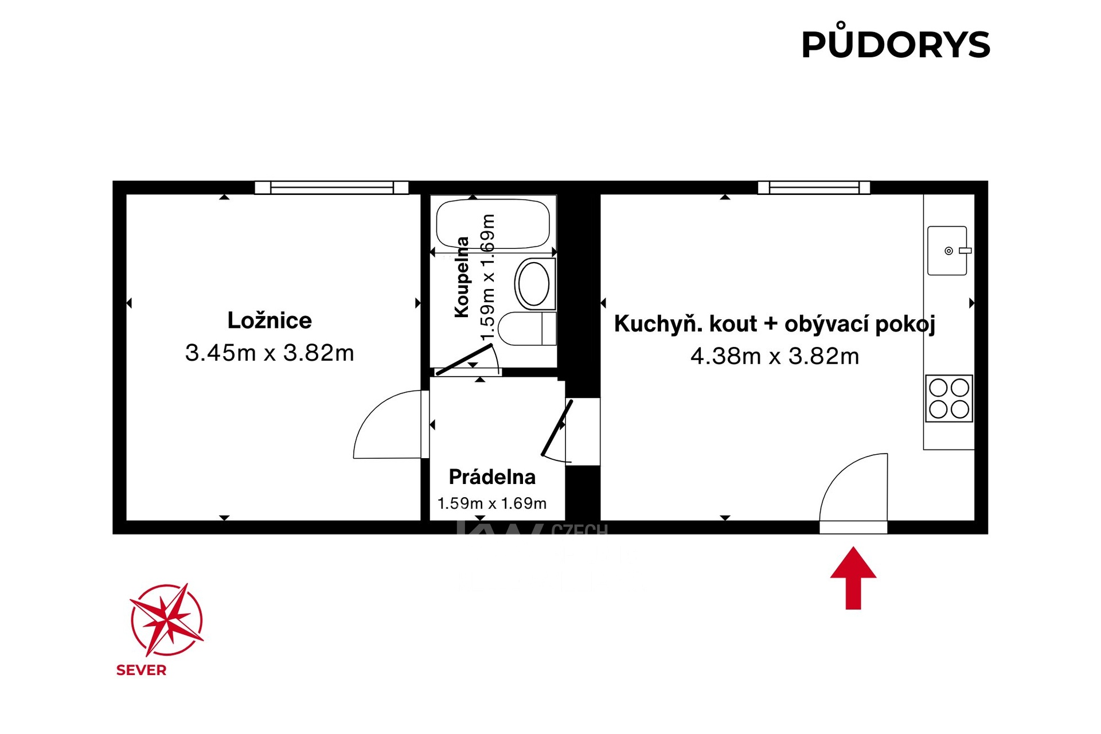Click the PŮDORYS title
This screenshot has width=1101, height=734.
895,45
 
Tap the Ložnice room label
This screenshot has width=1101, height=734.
270,321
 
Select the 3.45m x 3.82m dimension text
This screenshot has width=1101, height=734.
270,353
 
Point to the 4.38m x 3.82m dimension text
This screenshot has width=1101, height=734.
775,356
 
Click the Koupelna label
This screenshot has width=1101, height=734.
462,277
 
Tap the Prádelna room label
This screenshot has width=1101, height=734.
492,477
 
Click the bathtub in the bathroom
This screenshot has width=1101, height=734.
493,224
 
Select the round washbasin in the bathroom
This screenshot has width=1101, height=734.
534,283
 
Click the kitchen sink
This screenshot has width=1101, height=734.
947,251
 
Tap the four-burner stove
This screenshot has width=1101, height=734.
948,399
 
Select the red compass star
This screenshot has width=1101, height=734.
166,620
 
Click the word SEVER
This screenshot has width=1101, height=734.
141,670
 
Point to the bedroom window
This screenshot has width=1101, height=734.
331,188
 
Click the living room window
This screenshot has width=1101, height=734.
814,188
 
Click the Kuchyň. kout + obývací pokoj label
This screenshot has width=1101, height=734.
775,324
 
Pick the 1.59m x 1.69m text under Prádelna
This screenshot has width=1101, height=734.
492,503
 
